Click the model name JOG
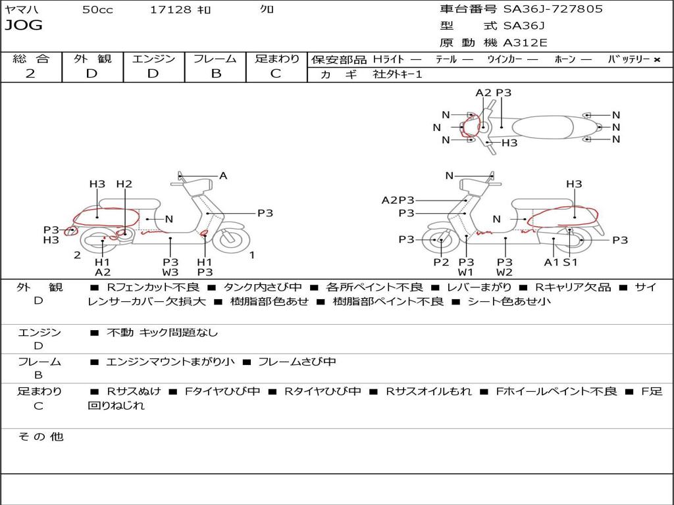pos(24,26)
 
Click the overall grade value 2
pos(30,74)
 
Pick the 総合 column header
pos(31,59)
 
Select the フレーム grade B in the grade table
pos(216,74)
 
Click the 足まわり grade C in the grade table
pos(276,74)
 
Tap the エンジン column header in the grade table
pos(153,59)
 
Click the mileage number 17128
pos(170,10)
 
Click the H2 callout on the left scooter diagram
pos(124,184)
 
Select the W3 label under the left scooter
pos(170,272)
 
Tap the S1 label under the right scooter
pos(570,262)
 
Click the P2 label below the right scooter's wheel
pos(441,262)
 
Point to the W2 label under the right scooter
pos(505,272)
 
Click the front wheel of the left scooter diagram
pos(229,239)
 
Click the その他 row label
pos(40,437)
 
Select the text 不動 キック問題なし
pos(162,333)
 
